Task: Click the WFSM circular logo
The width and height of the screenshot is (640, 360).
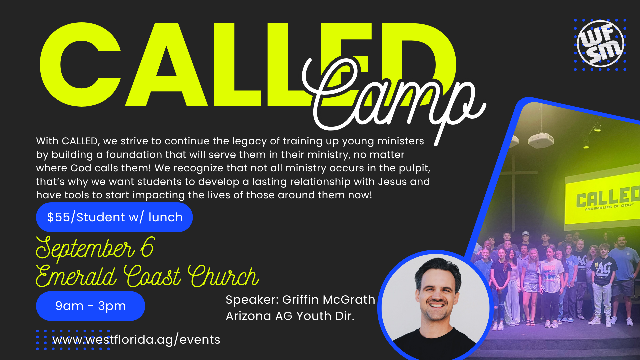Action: point(600,44)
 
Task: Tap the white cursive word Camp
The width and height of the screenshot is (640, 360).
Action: point(393,100)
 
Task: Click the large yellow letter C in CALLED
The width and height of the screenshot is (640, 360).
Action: point(80,65)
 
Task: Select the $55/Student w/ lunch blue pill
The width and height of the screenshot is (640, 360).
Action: point(114,217)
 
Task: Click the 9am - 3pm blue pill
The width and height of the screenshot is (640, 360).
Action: point(90,306)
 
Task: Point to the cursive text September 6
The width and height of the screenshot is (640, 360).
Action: point(95,248)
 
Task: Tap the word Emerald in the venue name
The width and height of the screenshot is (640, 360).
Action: point(76,276)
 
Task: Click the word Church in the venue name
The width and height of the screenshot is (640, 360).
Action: point(224,276)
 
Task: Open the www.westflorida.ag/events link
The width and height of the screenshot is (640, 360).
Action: point(136,340)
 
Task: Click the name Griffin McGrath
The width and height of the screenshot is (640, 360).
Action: point(329,300)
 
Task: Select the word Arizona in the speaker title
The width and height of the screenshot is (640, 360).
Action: point(248,316)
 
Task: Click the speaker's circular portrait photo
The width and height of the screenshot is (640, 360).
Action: point(435,305)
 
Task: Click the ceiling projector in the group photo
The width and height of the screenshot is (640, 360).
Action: point(540,139)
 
